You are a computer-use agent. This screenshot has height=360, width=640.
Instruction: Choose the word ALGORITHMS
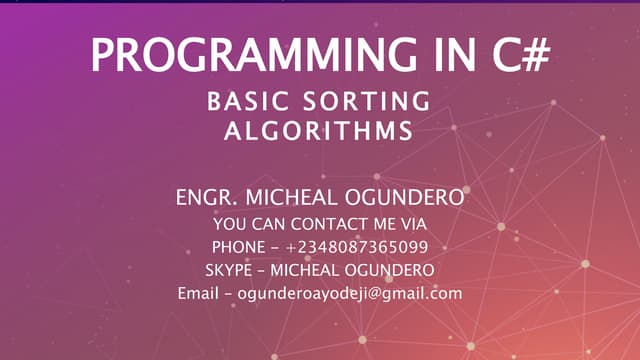tap(319, 131)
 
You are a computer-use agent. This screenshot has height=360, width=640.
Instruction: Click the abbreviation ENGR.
tap(202, 197)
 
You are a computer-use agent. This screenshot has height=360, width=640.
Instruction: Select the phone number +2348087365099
tap(357, 246)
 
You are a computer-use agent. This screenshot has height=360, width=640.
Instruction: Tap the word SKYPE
tap(231, 270)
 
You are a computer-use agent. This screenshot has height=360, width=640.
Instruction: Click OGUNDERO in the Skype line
tap(388, 270)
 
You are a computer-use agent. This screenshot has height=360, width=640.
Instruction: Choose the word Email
tap(197, 294)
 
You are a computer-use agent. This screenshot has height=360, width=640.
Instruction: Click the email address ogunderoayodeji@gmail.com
tap(349, 294)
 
